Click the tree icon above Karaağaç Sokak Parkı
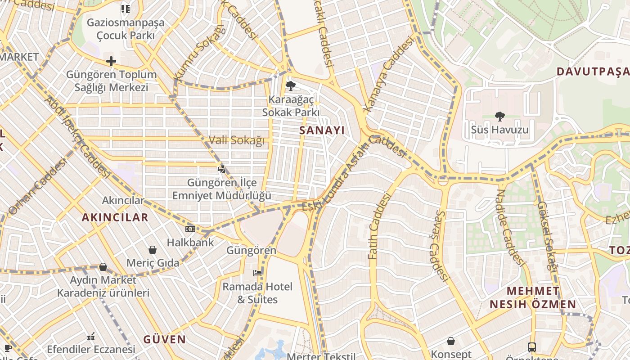point(291,85)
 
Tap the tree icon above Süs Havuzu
point(499,117)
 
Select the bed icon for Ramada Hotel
point(257,273)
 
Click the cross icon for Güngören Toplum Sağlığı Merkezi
point(111,61)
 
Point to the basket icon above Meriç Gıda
point(153,249)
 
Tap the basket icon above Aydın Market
point(103,267)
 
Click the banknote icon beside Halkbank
point(190,229)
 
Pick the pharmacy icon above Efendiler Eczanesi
point(91,336)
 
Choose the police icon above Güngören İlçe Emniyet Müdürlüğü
point(221,169)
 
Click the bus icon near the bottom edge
point(532,347)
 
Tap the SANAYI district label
point(322,130)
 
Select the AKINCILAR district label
point(115,217)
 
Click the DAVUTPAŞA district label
point(593,72)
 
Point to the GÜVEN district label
point(164,339)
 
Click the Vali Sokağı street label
point(237,140)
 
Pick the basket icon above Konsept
point(450,341)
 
